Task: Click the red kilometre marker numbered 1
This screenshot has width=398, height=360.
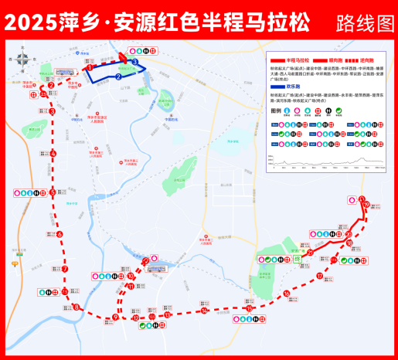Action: (90, 68)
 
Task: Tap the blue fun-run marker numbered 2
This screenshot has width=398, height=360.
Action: (118, 76)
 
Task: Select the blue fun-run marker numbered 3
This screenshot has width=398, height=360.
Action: (134, 62)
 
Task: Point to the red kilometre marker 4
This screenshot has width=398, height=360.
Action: (53, 153)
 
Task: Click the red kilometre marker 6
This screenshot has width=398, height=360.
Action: (60, 233)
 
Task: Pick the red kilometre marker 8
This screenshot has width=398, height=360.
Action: (76, 307)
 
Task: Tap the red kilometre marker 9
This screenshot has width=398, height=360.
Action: (116, 317)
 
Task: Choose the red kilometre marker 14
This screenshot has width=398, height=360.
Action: (205, 311)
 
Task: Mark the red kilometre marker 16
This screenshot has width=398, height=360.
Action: (287, 294)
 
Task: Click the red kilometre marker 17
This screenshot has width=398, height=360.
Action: (319, 276)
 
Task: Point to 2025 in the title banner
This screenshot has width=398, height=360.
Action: (29, 22)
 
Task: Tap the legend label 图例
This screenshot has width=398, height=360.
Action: (277, 110)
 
